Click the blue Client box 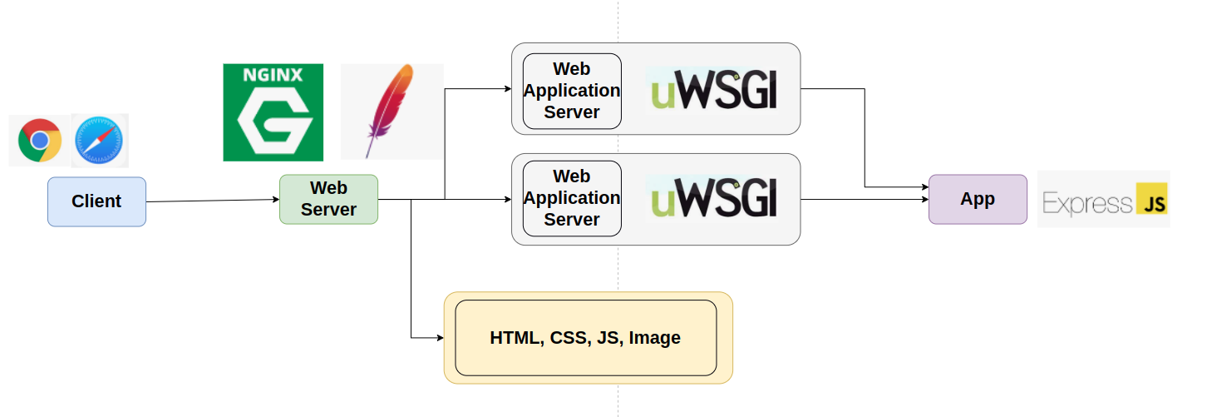tap(96, 201)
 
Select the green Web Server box tap(328, 199)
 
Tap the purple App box tap(978, 199)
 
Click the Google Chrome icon tap(39, 141)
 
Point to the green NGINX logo tap(273, 112)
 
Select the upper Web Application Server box tap(572, 91)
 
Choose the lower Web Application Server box tap(572, 198)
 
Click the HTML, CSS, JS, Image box tap(585, 338)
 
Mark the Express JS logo tap(1103, 200)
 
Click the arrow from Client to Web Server tap(212, 201)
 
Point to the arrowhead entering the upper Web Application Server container tap(506, 87)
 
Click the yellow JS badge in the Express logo tap(1151, 201)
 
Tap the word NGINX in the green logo tap(272, 75)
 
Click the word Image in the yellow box tap(654, 338)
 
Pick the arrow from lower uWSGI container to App tap(865, 199)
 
